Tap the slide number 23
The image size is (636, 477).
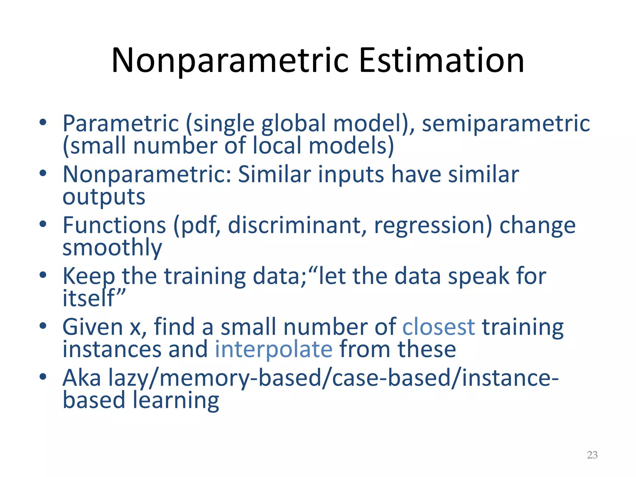[592, 455]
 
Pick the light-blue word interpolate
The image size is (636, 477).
[274, 349]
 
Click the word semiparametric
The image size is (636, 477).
[506, 123]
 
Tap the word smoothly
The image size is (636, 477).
[112, 248]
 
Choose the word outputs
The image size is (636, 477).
[104, 197]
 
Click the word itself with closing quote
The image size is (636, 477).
[94, 298]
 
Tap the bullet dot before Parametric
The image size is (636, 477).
[43, 122]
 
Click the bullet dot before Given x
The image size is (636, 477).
[43, 326]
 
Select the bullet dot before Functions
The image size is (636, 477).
[43, 224]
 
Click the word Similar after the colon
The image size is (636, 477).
[274, 174]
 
